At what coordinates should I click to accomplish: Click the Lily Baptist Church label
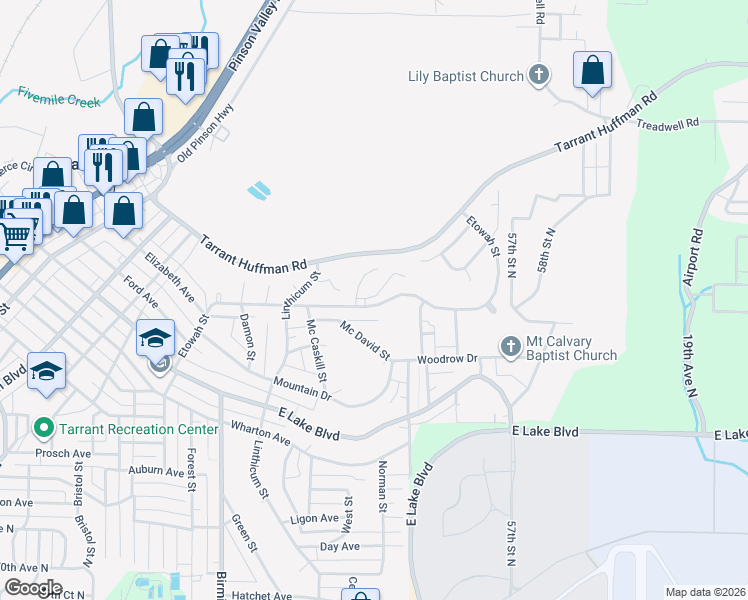tap(466, 76)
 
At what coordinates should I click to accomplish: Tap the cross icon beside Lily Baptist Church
tap(539, 76)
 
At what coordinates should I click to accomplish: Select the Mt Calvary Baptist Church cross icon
tap(510, 347)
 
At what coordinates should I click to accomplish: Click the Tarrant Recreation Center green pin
tap(43, 429)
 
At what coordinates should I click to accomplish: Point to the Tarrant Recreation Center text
tap(138, 429)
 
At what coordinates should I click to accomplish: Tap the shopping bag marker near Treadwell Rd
tap(593, 71)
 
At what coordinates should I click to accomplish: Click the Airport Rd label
tap(690, 257)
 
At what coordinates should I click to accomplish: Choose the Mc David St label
tap(364, 341)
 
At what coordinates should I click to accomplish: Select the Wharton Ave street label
tap(260, 435)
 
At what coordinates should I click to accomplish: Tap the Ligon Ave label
tap(315, 518)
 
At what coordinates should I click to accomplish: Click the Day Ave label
tap(339, 546)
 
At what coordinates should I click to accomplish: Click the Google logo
tap(32, 588)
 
